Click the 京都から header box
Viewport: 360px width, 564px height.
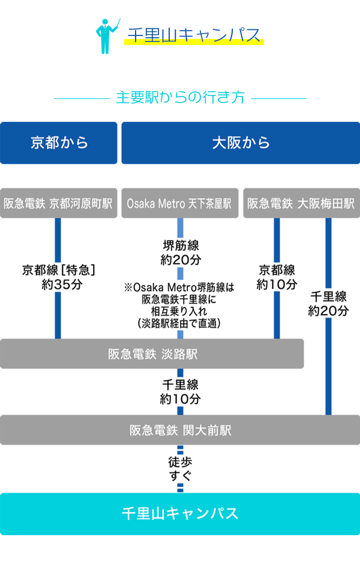click(x=59, y=143)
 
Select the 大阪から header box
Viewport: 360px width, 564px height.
click(x=241, y=143)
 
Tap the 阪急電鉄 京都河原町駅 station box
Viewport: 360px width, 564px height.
click(x=59, y=204)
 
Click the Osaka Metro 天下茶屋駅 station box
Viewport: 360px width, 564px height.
click(x=179, y=204)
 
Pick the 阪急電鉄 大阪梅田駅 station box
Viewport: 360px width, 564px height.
click(x=301, y=204)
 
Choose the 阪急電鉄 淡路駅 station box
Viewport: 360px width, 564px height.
click(x=152, y=354)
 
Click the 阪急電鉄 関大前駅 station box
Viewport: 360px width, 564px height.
click(x=180, y=430)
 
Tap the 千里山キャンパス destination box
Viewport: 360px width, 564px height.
click(x=180, y=514)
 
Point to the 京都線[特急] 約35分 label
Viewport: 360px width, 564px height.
click(x=59, y=277)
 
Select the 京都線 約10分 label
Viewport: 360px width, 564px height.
click(x=277, y=277)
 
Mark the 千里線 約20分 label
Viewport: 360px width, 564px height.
click(x=328, y=304)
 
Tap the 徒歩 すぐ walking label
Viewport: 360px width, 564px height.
click(x=180, y=470)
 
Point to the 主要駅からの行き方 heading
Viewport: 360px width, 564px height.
click(x=180, y=98)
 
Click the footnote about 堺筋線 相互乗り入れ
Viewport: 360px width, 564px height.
click(x=179, y=305)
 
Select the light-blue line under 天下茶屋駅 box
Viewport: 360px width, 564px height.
click(x=180, y=229)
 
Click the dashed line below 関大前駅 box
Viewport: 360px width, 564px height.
click(x=180, y=451)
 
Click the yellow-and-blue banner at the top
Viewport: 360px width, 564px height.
click(x=180, y=36)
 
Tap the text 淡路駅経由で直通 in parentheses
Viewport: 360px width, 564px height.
click(x=179, y=323)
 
